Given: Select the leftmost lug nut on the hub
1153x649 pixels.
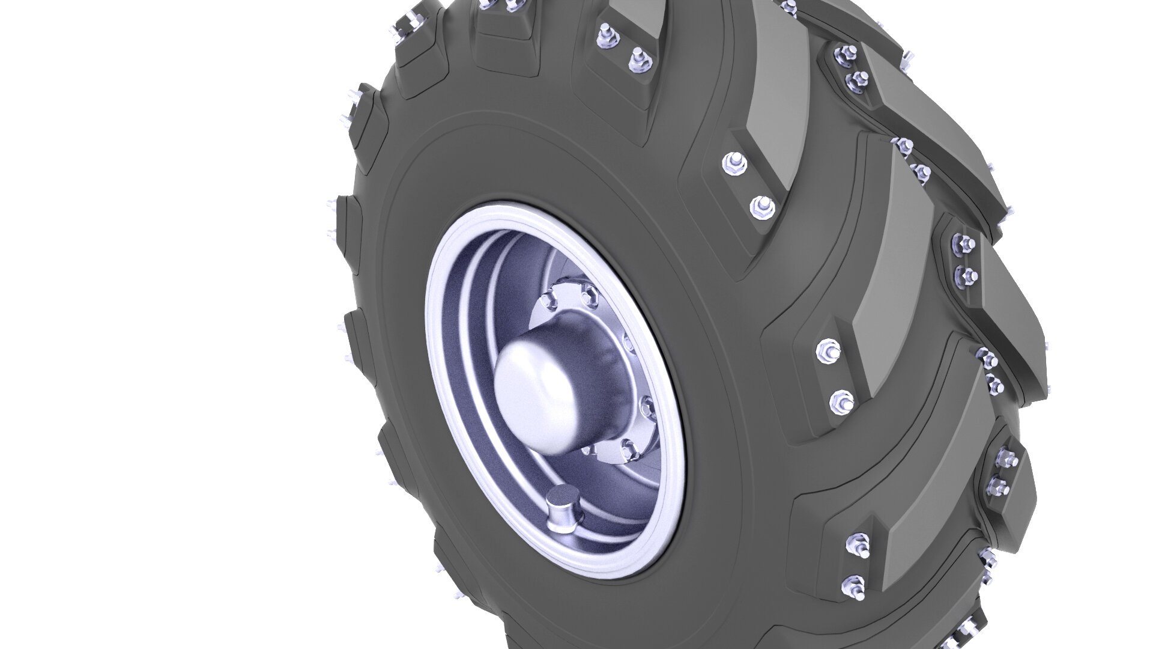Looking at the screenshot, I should [548, 300].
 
